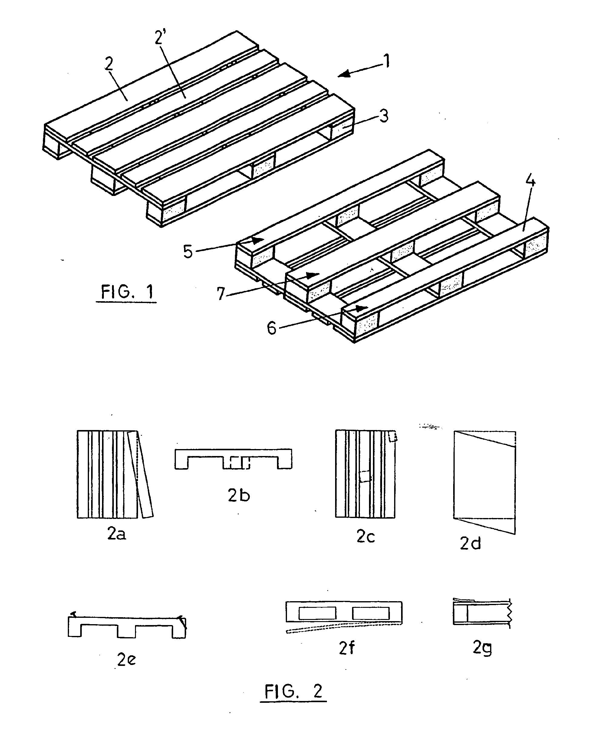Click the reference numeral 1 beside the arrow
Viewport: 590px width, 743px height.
coord(387,61)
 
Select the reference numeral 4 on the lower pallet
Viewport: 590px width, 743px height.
coord(531,180)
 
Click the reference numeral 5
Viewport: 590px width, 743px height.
coord(188,252)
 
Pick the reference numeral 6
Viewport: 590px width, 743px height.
coord(272,328)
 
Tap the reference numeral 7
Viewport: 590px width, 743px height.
coord(221,294)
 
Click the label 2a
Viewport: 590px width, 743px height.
coord(117,534)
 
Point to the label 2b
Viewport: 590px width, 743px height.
coord(239,495)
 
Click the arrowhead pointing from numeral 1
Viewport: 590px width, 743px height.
coord(343,74)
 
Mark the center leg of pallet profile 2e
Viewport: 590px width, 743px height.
coord(126,631)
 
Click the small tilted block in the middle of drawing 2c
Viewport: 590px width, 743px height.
coord(365,477)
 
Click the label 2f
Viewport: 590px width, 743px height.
coord(347,648)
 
